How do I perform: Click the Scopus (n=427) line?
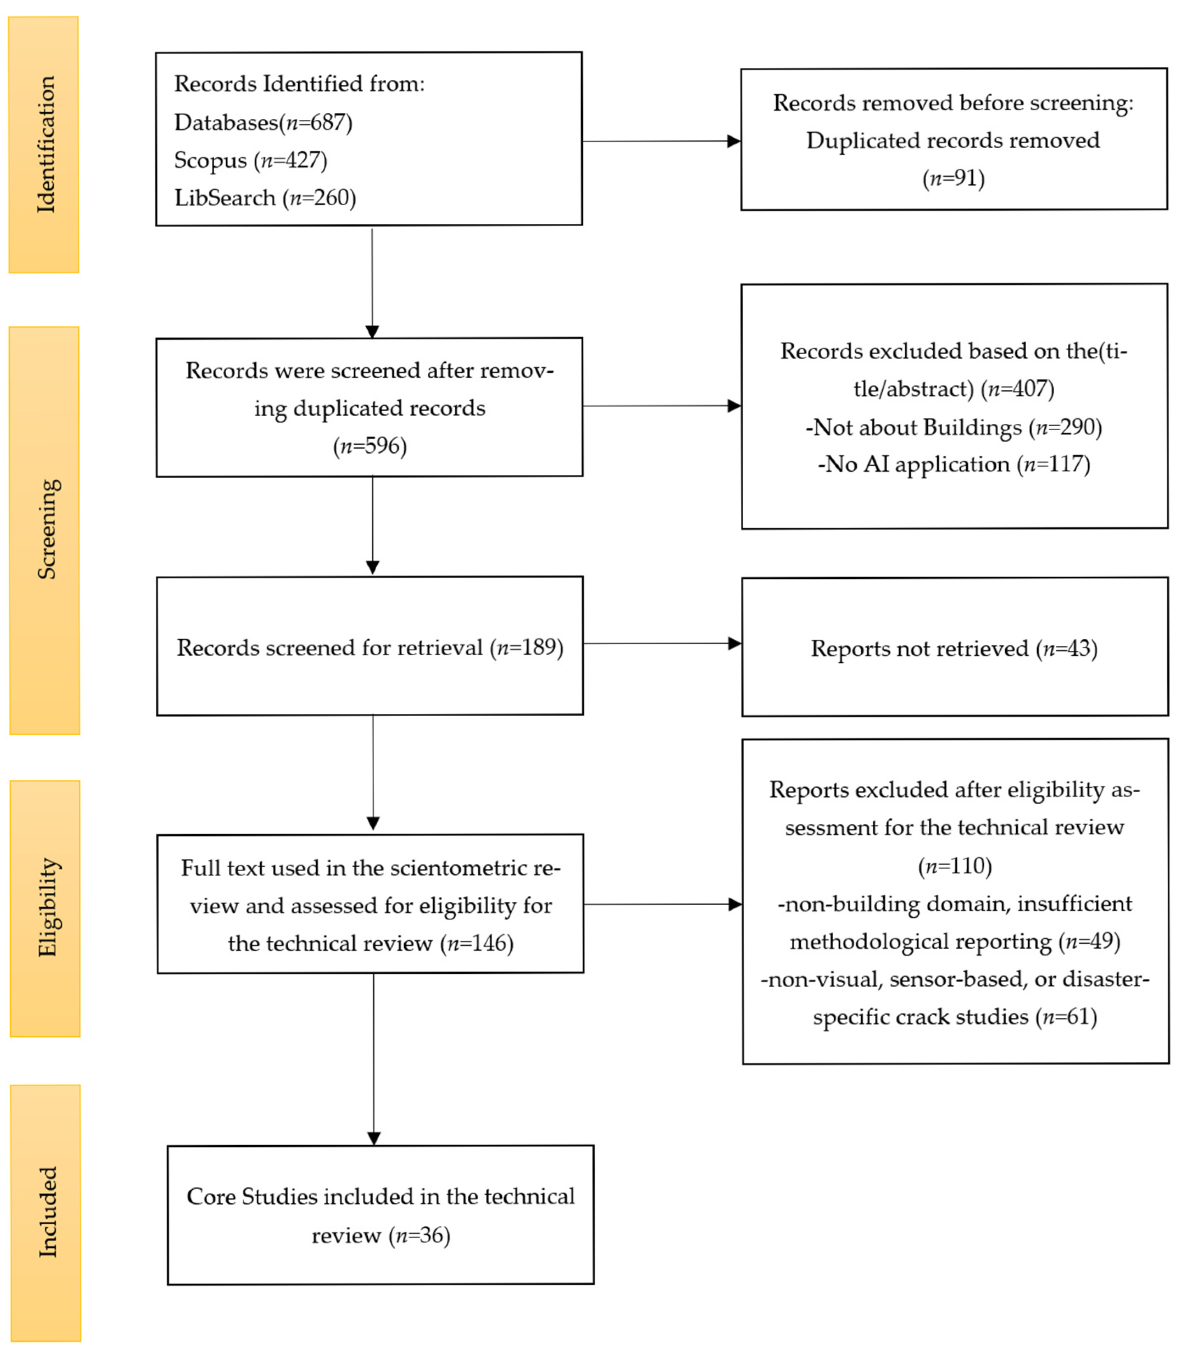[250, 160]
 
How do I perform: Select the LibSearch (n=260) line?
[265, 198]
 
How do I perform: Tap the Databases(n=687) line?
[263, 123]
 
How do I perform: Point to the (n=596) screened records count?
[370, 446]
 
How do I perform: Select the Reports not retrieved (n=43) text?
[955, 649]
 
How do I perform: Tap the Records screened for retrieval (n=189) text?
[370, 648]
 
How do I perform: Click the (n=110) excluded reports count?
[955, 866]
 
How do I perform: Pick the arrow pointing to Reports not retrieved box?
[662, 643]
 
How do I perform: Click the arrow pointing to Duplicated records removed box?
[662, 141]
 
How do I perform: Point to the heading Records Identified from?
[299, 84]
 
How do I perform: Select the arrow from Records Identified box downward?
[372, 283]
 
